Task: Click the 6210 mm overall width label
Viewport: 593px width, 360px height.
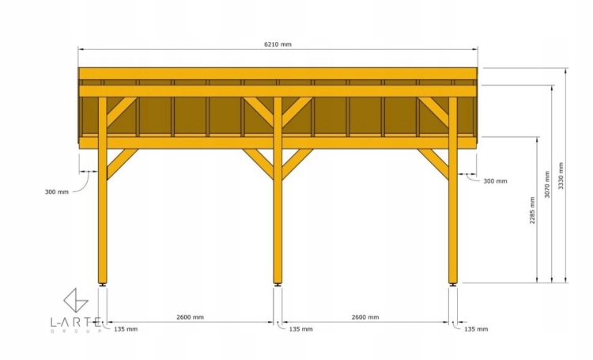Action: pyautogui.click(x=278, y=44)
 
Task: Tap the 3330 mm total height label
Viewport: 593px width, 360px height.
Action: pyautogui.click(x=561, y=176)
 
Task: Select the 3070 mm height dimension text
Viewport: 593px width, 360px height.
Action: pyautogui.click(x=547, y=184)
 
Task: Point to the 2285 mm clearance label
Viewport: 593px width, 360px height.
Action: pyautogui.click(x=532, y=210)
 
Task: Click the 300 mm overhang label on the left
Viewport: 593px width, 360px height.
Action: pyautogui.click(x=57, y=192)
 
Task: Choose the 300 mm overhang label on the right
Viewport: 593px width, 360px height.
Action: pyautogui.click(x=495, y=181)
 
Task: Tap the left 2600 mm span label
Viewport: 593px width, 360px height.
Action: pyautogui.click(x=190, y=317)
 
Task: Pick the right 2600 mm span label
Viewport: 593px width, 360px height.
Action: pyautogui.click(x=365, y=317)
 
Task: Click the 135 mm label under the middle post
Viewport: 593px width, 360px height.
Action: pyautogui.click(x=300, y=329)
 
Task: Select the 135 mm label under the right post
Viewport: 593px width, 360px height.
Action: pyautogui.click(x=476, y=329)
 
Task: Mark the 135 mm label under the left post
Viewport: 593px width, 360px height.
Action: pyautogui.click(x=126, y=329)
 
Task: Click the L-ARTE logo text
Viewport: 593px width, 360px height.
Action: pyautogui.click(x=76, y=322)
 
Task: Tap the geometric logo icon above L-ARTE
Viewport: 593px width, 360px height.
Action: pyautogui.click(x=76, y=301)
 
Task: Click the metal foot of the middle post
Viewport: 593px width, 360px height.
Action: pyautogui.click(x=278, y=285)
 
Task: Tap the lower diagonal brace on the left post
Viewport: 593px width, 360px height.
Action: pyautogui.click(x=122, y=164)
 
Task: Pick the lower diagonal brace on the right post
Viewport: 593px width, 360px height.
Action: pyautogui.click(x=433, y=164)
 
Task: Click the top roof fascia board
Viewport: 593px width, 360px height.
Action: pyautogui.click(x=278, y=74)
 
